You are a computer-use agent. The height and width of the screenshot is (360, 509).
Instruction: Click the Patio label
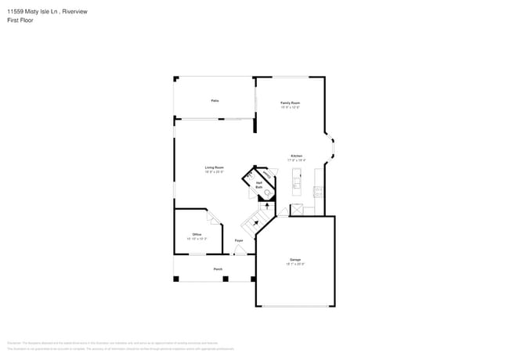pyautogui.click(x=214, y=101)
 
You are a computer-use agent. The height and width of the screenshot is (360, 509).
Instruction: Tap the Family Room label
pyautogui.click(x=291, y=104)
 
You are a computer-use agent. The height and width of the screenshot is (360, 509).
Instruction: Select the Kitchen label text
pyautogui.click(x=297, y=157)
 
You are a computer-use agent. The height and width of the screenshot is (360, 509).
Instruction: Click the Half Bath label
pyautogui.click(x=259, y=185)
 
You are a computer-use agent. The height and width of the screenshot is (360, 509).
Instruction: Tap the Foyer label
pyautogui.click(x=239, y=240)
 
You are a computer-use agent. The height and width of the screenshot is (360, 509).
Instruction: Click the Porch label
pyautogui.click(x=218, y=269)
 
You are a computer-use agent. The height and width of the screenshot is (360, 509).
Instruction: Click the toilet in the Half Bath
pyautogui.click(x=267, y=192)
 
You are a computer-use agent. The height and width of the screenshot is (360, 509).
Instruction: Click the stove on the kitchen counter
pyautogui.click(x=317, y=191)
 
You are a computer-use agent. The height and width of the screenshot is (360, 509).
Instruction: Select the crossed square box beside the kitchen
pyautogui.click(x=297, y=209)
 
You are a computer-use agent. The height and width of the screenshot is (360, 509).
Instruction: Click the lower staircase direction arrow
pyautogui.click(x=255, y=224)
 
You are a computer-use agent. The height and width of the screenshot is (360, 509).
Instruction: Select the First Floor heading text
pyautogui.click(x=20, y=21)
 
